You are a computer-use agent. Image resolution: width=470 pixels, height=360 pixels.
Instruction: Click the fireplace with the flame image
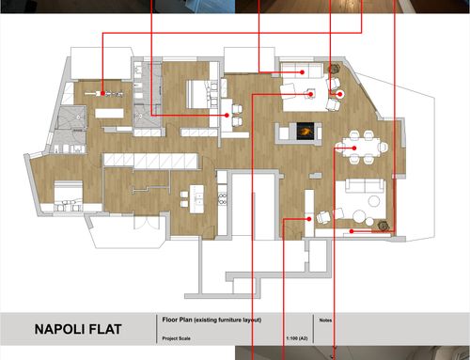pos(305,131)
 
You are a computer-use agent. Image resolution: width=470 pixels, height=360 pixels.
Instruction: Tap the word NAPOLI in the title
pos(59,329)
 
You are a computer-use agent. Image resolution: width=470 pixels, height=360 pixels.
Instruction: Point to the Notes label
pos(325,321)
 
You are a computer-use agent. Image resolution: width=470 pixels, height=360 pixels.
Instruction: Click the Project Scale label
pos(176,338)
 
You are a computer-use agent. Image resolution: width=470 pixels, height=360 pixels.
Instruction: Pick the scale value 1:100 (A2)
pos(297,338)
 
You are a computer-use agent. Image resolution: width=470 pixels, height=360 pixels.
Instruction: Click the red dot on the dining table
pos(354,149)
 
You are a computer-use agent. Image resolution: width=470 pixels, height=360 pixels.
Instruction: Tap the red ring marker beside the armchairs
pos(340,94)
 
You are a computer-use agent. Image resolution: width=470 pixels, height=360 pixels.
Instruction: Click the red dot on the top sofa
pos(302,72)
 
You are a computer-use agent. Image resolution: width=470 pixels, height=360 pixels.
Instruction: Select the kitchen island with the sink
pos(196,199)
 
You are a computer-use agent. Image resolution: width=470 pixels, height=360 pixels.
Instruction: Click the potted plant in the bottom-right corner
pos(383,226)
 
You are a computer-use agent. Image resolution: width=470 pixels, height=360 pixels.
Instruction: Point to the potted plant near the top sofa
pos(335,69)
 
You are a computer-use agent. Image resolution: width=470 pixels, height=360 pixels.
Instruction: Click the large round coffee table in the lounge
pos(359,216)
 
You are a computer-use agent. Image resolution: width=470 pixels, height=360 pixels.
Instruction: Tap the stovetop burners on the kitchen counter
pos(222,199)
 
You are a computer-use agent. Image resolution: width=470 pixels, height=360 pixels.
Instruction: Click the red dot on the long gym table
pos(102,93)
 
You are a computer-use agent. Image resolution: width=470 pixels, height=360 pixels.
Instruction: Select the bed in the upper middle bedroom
pos(199,94)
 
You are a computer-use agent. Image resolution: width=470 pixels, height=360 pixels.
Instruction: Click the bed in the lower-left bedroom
pos(69,196)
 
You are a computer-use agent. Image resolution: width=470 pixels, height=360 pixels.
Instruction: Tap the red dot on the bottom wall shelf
pos(352,231)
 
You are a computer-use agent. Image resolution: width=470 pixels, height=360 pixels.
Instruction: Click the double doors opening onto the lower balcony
pos(146,222)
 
